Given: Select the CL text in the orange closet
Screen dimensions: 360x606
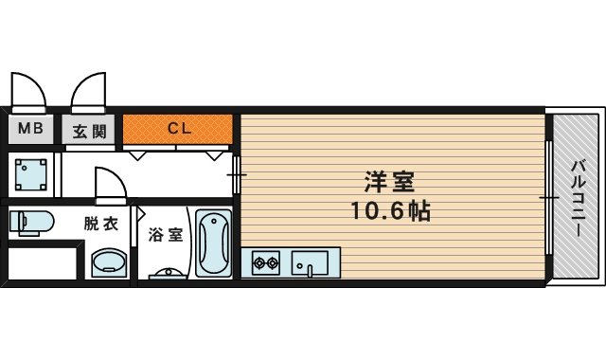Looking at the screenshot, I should (179, 128).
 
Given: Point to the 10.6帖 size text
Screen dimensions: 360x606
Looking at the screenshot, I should (391, 210).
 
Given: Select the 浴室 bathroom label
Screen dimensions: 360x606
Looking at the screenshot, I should (166, 235).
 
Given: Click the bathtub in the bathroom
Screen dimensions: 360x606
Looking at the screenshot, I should (213, 243).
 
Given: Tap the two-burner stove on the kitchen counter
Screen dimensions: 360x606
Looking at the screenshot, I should (262, 261).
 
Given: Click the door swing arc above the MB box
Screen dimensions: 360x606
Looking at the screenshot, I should (28, 93).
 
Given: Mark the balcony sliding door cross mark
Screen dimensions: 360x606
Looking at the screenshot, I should (547, 197).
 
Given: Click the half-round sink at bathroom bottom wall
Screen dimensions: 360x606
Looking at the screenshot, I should (168, 274).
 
